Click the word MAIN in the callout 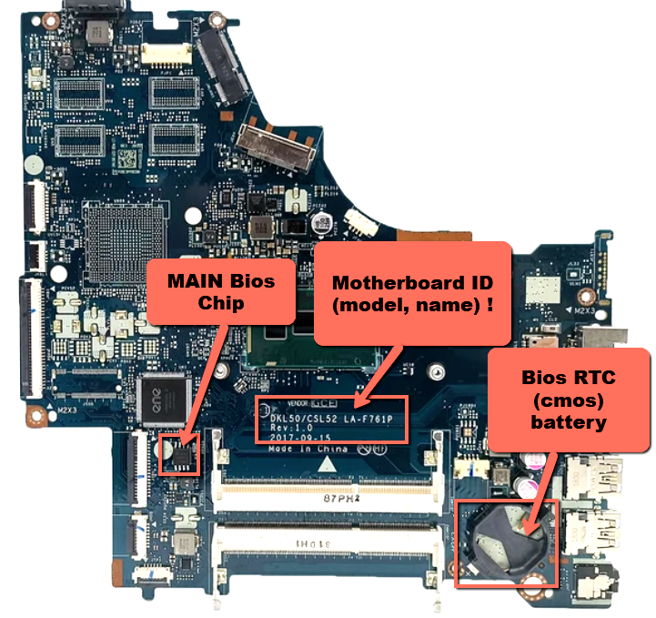(189, 279)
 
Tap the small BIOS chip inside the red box (178, 451)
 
